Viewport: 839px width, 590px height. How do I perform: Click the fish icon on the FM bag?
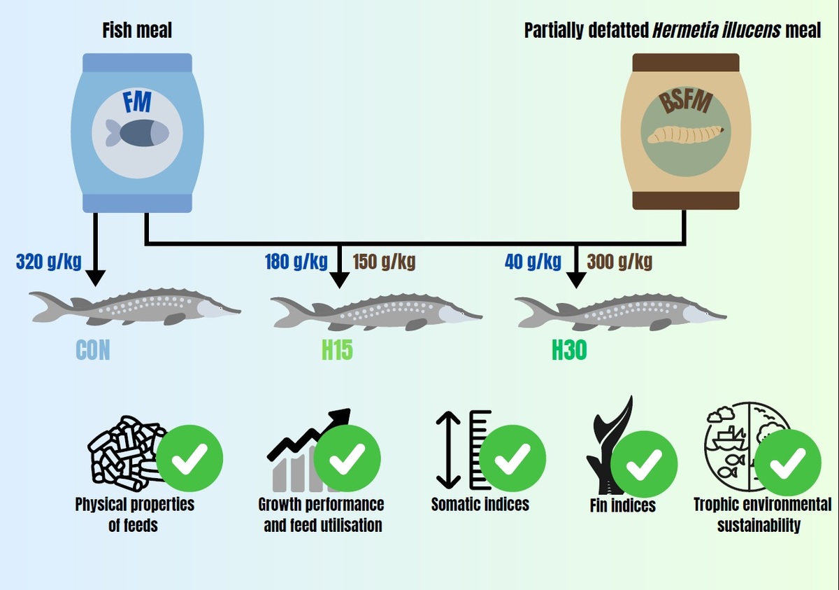[137, 132]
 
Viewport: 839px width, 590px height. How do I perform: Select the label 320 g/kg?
[49, 262]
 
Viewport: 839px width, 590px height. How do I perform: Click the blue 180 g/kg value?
[296, 262]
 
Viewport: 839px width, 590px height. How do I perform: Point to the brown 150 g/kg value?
[384, 262]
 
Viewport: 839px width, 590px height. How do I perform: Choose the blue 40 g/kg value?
[533, 262]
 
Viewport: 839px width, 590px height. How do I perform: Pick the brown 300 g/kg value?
[619, 262]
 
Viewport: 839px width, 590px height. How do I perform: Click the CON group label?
[92, 349]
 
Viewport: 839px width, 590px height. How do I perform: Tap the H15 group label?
[337, 349]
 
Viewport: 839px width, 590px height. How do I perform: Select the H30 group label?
[569, 349]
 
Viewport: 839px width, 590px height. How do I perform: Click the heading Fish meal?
[137, 31]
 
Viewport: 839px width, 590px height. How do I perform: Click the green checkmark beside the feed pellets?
[189, 458]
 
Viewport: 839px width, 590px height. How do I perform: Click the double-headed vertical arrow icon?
[448, 449]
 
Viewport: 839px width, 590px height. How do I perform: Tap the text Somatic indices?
[480, 504]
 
